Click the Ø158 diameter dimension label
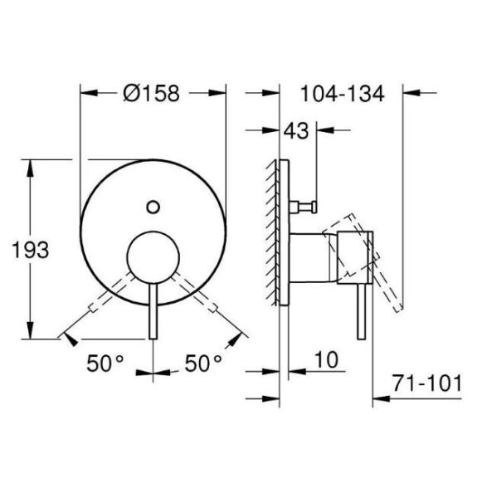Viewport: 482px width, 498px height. (151, 94)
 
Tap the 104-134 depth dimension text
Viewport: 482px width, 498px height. (341, 94)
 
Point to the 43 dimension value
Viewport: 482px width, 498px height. (296, 131)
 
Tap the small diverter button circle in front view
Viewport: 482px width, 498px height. (152, 206)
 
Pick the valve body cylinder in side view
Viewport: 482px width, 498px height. (311, 257)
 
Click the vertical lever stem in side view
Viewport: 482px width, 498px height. (360, 311)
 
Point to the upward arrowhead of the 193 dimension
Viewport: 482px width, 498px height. (32, 166)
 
